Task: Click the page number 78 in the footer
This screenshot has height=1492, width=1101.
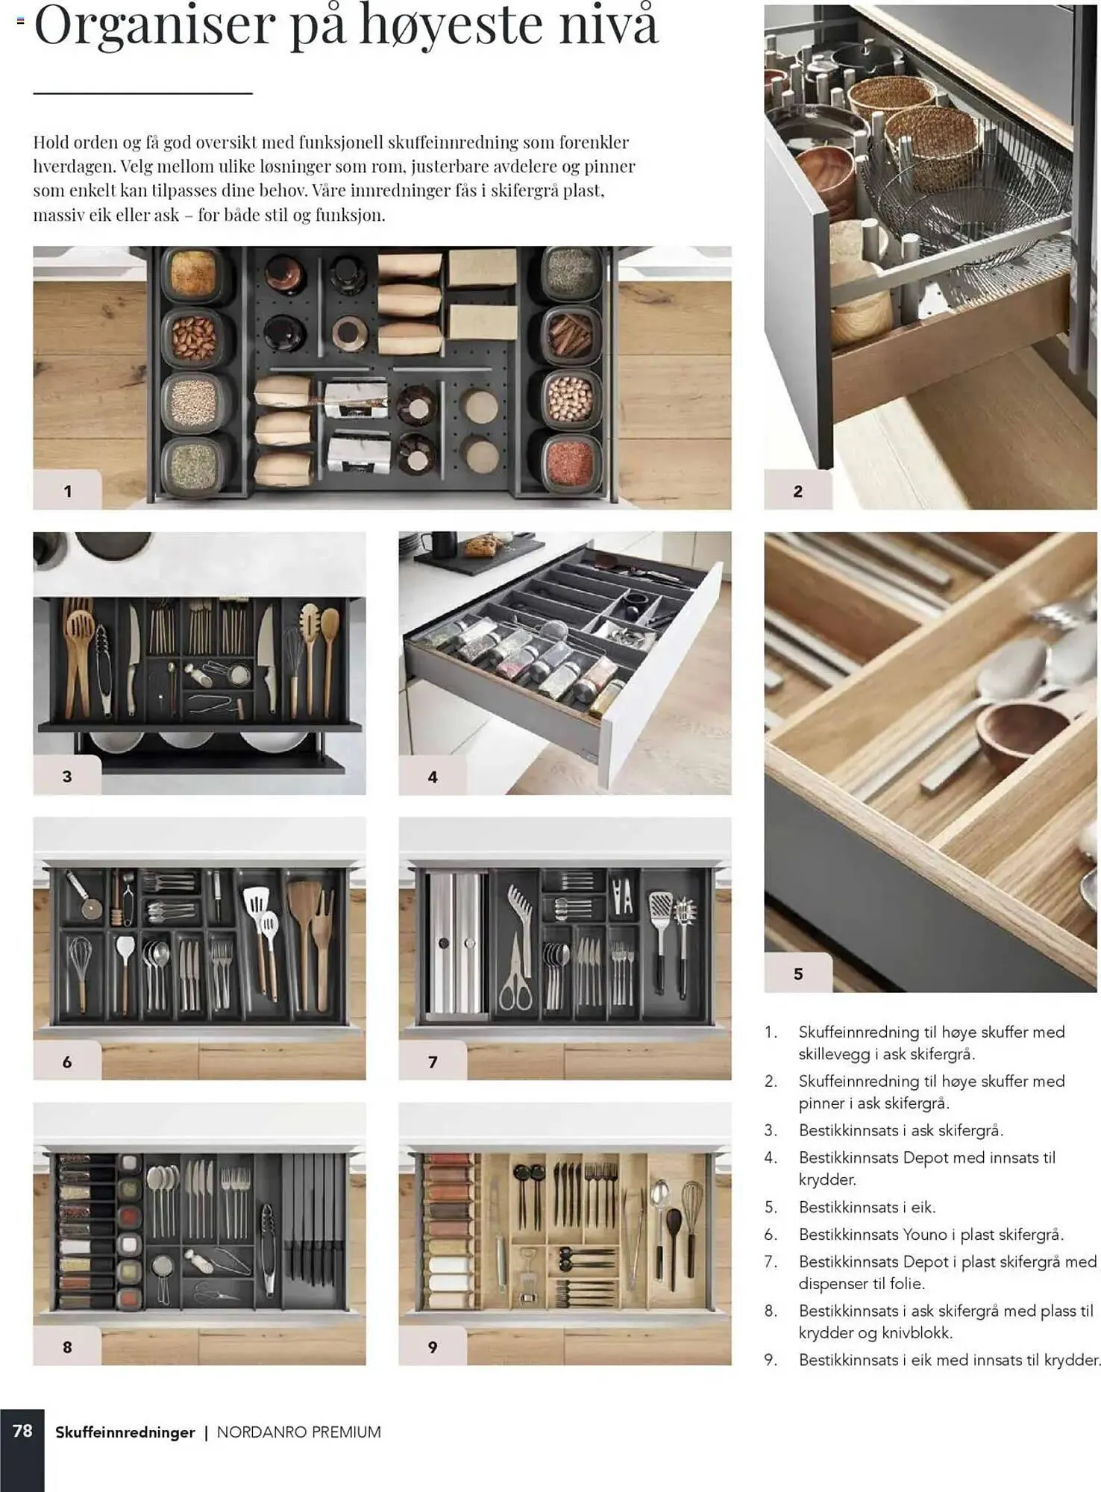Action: coord(22,1430)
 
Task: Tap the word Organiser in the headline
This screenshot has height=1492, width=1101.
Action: coord(154,25)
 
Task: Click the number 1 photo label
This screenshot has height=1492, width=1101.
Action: coord(67,491)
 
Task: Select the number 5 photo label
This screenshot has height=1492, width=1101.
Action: coord(798,974)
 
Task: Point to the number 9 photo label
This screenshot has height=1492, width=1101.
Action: coord(433,1347)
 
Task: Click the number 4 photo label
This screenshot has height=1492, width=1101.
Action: coord(433,777)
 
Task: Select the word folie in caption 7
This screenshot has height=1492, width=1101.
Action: coord(907,1283)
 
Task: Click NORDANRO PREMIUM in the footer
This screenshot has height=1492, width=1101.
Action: coord(299,1432)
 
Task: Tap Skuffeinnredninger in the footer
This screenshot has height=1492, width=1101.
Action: coord(125,1432)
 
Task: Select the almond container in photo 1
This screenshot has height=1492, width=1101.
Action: coord(193,337)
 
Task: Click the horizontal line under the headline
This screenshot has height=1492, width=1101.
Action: coord(142,93)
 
